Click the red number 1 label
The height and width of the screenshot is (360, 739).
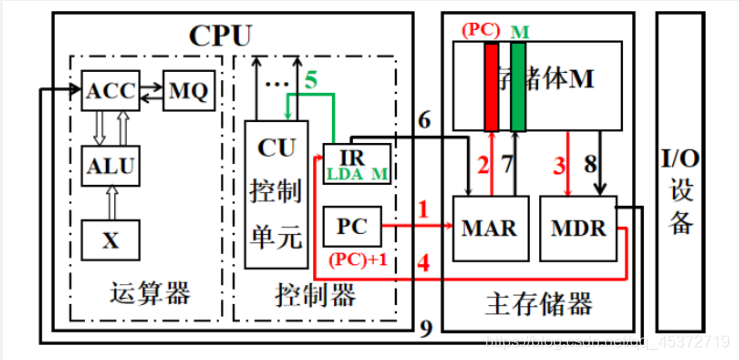pyautogui.click(x=424, y=211)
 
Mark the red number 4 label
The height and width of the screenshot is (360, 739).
pyautogui.click(x=424, y=266)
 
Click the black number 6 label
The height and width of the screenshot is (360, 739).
pyautogui.click(x=424, y=122)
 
